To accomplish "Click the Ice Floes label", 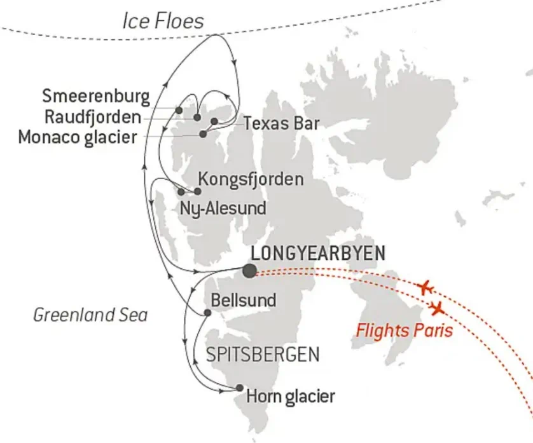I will (163, 21).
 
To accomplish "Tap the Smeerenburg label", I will (96, 97).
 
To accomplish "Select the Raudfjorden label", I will (93, 116).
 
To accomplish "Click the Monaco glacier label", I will (78, 137).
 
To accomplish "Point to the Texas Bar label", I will (280, 123).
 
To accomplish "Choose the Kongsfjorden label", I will (251, 179).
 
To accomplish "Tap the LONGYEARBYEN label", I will (318, 253).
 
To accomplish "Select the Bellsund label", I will (245, 299).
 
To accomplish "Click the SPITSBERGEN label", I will (263, 354).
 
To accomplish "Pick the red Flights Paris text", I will (404, 331).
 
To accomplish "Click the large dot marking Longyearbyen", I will (250, 271).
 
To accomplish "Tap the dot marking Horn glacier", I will (239, 388).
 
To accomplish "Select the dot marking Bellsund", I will (207, 312).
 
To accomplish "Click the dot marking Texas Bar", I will (214, 121).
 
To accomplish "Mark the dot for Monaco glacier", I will (204, 134).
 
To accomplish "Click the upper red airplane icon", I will (426, 287).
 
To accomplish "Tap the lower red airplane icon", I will (437, 309).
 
